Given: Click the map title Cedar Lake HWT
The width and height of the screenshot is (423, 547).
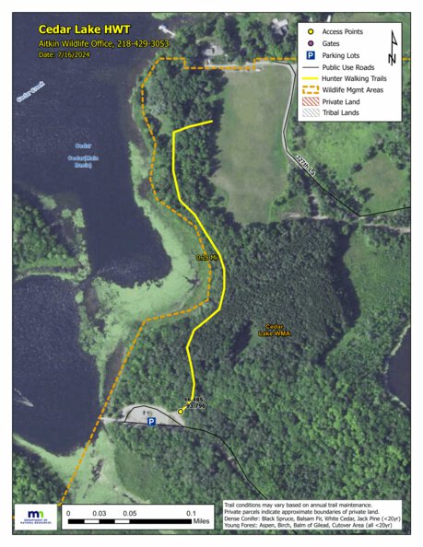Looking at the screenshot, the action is coord(77,29).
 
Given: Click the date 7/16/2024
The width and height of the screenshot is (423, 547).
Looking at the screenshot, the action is coord(75,54).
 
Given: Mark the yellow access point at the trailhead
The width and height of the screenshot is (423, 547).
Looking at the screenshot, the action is coord(181,412).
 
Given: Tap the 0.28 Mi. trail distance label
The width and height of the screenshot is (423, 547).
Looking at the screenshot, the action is coord(206,257).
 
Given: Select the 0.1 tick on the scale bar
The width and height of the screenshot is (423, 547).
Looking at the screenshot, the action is coord(192,514).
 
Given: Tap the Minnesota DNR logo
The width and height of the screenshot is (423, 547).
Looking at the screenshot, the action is coord(36,517).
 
